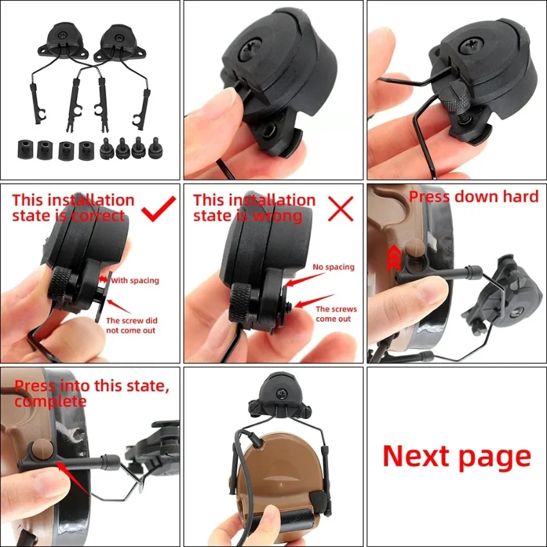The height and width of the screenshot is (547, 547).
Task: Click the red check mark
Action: coord(158,210)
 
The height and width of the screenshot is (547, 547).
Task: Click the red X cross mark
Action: coord(341,209)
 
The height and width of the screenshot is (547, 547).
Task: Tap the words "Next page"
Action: coord(457,456)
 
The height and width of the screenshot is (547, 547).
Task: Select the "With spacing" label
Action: coord(134,281)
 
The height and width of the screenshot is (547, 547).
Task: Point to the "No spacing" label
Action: coord(333,267)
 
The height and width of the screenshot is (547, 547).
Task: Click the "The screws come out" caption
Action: coord(336,313)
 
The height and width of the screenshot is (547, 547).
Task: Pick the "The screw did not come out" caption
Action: coord(131,325)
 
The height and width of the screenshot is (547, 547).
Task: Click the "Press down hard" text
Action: coord(474,196)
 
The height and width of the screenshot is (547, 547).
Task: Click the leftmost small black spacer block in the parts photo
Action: coord(24,149)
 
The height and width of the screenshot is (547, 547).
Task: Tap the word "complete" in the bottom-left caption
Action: coord(50,401)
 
